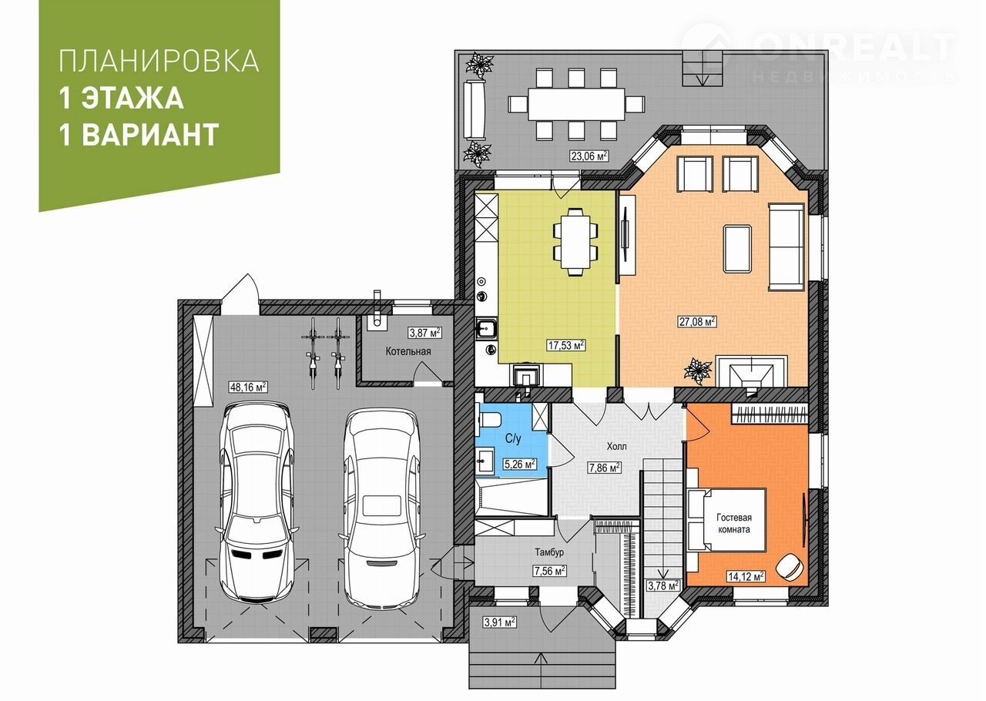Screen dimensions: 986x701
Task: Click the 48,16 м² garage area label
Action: [248, 387]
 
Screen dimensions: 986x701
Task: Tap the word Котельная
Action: [408, 351]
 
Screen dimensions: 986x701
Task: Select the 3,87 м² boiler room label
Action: [424, 333]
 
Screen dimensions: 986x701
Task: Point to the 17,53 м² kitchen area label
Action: [566, 345]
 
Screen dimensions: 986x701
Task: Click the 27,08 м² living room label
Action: [697, 321]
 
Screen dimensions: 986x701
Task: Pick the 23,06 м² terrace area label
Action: [589, 156]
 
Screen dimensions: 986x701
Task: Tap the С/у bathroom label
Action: [513, 438]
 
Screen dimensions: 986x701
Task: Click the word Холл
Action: [617, 446]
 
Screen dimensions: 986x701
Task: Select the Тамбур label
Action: [549, 552]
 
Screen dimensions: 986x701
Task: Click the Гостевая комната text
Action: [734, 523]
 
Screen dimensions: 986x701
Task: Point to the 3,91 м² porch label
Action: [500, 622]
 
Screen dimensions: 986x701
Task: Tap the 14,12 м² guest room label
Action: [746, 576]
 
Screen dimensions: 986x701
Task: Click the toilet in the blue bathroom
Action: [489, 419]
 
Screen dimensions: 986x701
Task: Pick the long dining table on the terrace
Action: [577, 104]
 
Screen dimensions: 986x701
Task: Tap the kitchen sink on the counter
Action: [486, 327]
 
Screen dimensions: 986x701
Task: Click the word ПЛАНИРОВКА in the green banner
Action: [159, 61]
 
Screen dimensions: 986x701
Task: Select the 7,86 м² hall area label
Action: [605, 467]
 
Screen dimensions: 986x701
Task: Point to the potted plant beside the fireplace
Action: [698, 371]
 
